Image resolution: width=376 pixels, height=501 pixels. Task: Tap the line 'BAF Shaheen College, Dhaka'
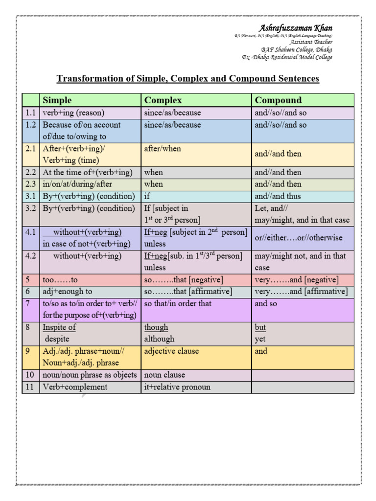(296, 49)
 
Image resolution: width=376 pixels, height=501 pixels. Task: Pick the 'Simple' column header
(57, 100)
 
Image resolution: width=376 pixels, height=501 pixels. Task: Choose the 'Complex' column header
(163, 100)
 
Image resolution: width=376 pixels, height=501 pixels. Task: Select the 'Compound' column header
(278, 100)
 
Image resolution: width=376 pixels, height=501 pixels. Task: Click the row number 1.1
(31, 113)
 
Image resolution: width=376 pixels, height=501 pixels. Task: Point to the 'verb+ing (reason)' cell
(74, 113)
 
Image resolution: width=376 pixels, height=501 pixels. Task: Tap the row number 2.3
(31, 184)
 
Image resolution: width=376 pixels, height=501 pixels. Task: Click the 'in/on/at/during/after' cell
(77, 184)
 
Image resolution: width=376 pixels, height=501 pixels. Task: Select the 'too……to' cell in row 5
(60, 280)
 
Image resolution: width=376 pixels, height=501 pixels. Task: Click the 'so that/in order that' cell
(178, 303)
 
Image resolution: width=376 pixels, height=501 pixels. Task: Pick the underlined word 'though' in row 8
(156, 327)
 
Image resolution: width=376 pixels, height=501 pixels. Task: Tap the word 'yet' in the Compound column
(260, 339)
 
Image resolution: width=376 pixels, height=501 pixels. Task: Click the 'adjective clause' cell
(171, 351)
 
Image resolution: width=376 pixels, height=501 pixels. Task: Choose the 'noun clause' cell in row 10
(164, 375)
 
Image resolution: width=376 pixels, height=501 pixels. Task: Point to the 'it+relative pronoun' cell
(177, 387)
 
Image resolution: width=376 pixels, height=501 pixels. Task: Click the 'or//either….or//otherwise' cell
(299, 238)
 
